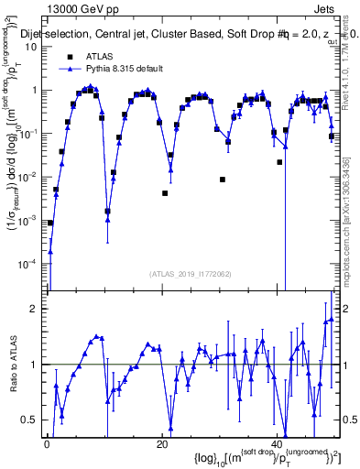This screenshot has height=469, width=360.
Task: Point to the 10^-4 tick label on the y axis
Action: tap(27, 264)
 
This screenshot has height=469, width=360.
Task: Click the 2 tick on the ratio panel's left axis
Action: tap(35, 309)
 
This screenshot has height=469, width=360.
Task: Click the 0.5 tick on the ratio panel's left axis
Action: tap(31, 420)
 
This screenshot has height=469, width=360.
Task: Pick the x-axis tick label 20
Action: tap(162, 445)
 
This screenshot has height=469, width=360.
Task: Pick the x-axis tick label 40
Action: tap(278, 445)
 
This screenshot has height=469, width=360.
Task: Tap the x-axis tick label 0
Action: tap(47, 445)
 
